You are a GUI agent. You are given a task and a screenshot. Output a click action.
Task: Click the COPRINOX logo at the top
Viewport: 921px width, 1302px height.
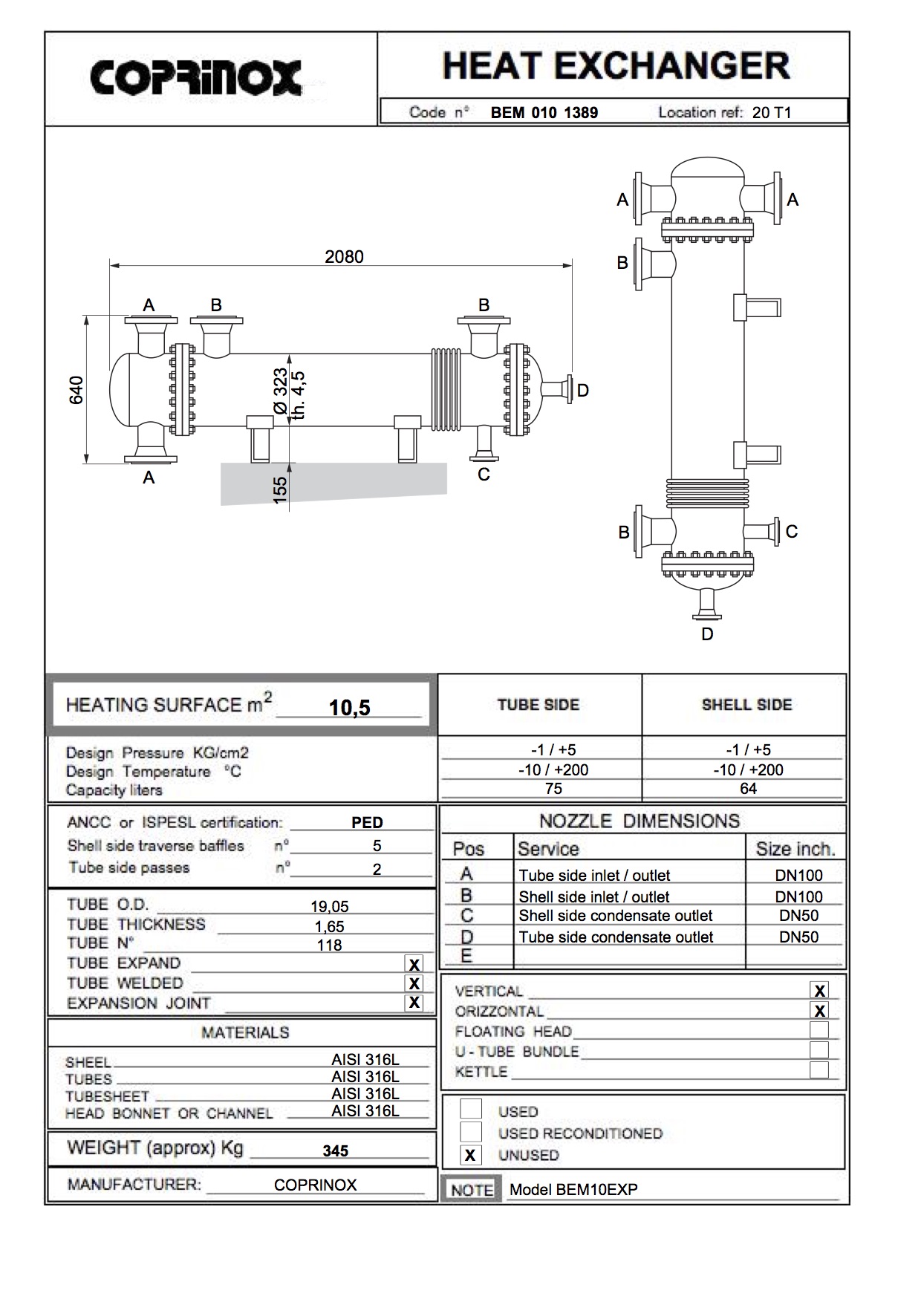(196, 77)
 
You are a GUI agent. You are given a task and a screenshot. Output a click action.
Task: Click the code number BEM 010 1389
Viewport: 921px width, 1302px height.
(544, 113)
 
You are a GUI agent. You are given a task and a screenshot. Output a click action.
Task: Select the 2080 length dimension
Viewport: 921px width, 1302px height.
(344, 257)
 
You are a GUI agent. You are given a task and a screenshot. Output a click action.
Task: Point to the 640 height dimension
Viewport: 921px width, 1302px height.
(76, 390)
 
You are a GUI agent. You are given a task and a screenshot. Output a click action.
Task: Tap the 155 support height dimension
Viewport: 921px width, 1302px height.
(280, 489)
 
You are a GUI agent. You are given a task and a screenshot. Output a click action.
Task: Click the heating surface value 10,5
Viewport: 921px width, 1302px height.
(349, 708)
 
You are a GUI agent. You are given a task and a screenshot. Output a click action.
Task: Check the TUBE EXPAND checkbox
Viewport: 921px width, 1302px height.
(414, 964)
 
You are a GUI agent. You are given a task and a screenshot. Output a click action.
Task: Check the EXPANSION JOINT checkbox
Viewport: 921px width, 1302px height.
(414, 1003)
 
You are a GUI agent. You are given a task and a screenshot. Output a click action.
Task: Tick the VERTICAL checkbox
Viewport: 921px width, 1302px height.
(819, 991)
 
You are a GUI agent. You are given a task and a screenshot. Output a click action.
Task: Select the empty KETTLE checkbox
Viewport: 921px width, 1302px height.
(819, 1070)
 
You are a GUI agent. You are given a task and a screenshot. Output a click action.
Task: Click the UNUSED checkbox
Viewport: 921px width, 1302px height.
(470, 1156)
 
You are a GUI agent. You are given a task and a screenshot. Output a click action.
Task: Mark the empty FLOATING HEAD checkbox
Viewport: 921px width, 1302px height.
(819, 1030)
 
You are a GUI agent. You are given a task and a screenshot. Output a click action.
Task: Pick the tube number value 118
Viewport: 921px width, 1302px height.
(329, 945)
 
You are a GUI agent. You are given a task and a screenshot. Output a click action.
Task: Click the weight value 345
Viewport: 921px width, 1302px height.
(336, 1150)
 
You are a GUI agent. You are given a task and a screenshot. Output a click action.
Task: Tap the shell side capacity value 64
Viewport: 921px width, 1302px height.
(748, 789)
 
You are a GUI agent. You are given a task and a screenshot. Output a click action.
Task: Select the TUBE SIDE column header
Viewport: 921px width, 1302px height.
(538, 705)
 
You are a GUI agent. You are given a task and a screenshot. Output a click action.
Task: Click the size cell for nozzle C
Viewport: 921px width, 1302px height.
(798, 916)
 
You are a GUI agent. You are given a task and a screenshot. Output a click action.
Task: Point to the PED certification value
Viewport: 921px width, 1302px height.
(367, 823)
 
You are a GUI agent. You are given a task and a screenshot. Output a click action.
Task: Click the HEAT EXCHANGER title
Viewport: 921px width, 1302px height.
(616, 66)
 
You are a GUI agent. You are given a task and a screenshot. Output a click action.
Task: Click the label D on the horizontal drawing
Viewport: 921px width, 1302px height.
(583, 391)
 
